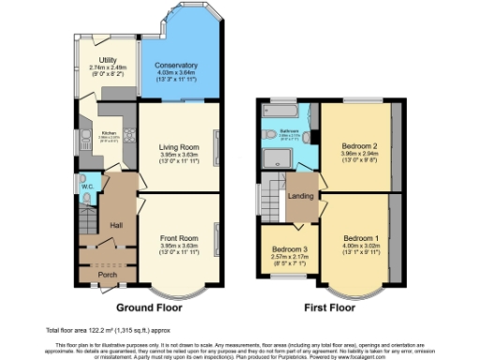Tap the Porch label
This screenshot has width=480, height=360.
tap(108, 275)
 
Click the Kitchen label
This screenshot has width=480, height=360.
tap(108, 133)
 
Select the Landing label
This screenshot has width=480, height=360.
tap(301, 196)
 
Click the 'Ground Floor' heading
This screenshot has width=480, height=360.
tap(149, 307)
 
